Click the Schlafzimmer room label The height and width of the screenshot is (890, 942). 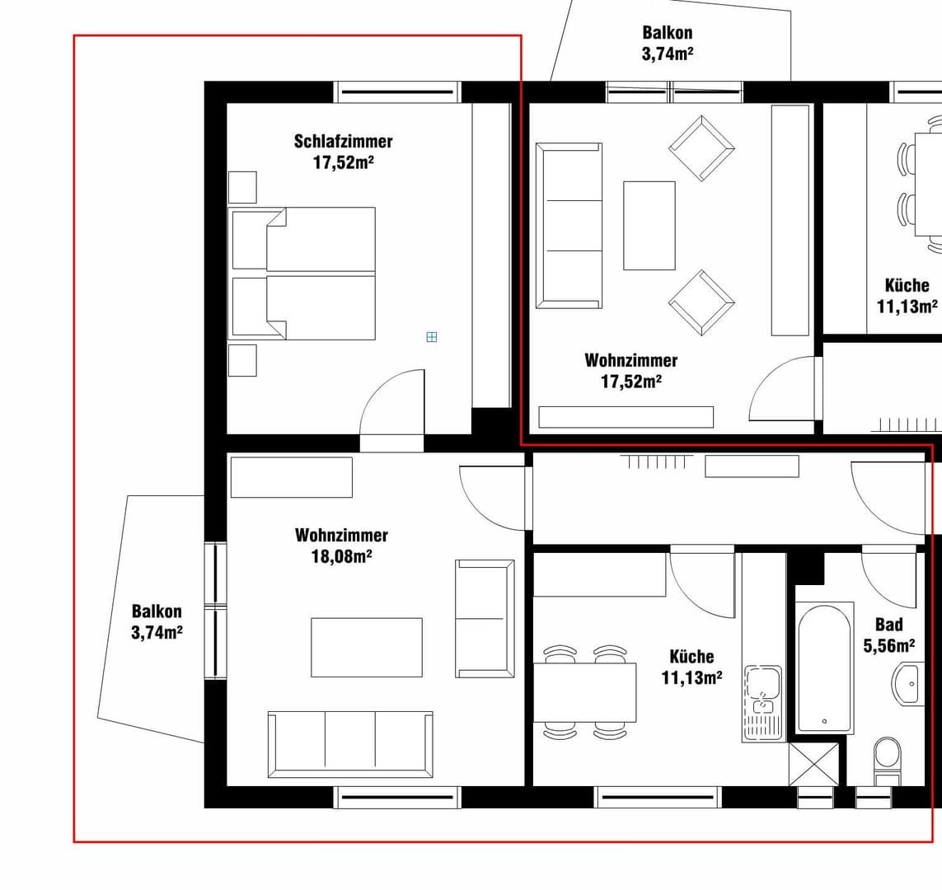pos(343,142)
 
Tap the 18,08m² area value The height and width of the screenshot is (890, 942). pos(341,556)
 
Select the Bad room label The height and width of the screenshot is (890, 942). pos(889,625)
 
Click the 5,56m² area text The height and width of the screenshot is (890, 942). pos(889,645)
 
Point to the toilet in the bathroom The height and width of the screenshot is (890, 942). pos(888,761)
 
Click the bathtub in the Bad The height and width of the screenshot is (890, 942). pos(824,667)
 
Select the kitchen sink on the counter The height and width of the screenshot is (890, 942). pos(763,703)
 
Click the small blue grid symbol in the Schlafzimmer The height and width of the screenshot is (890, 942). pos(431,337)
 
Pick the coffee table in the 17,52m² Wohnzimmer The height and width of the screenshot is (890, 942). pos(649,225)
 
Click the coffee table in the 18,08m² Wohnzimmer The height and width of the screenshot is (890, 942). pos(367,648)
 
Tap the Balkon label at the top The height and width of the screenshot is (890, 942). pos(667,32)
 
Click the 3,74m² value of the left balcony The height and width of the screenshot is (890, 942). pos(157,632)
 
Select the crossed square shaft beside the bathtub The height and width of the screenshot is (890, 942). pos(813,764)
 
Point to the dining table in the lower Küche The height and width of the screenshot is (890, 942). pos(584,692)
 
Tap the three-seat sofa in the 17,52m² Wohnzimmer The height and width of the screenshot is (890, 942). pos(569,226)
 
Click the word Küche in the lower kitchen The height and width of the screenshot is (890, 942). pos(691,657)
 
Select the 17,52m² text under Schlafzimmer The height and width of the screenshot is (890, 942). pos(344,162)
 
